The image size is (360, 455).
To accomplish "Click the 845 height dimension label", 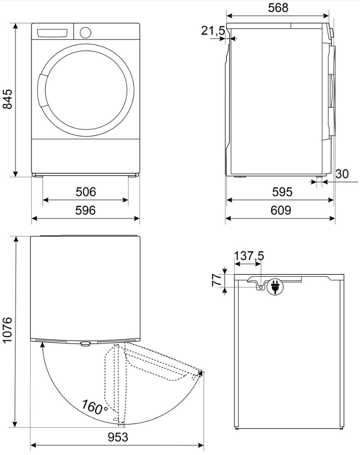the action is tap(8, 99).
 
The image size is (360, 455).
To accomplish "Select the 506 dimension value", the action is tap(85, 192).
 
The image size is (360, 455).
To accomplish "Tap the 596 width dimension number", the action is tap(85, 210).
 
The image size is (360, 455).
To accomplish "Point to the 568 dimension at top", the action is tap(278, 8).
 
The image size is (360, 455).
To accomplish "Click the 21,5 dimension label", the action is tap(213, 30).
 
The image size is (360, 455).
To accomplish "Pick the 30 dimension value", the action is tap(342, 174).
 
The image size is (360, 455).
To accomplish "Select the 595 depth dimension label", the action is tap(282, 192).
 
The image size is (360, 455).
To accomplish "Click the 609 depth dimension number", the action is tap(280, 210).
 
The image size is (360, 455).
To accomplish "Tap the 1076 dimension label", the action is tap(8, 330).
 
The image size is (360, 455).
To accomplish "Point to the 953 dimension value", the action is tap(118, 437).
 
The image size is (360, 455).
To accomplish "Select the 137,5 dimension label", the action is tap(249, 256).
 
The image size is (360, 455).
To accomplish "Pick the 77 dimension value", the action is tap(217, 280).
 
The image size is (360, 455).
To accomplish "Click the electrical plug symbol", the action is tap(275, 287).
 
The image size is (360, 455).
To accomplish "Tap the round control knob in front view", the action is tap(85, 32).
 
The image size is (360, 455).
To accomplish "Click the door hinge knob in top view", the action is tap(85, 344).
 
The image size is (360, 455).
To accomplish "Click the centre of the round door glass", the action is tap(86, 90).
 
